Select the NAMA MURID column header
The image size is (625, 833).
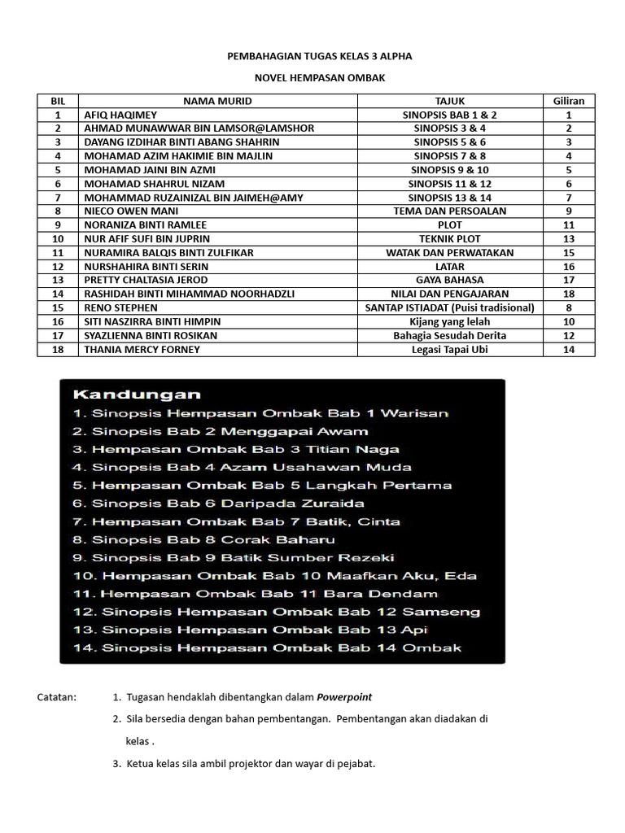(x=217, y=101)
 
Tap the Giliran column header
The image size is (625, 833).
(x=569, y=101)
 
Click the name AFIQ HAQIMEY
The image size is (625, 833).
(x=120, y=115)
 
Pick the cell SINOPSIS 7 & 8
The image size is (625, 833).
(x=449, y=155)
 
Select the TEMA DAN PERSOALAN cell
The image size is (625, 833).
(x=449, y=211)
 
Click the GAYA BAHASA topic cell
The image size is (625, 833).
(x=449, y=280)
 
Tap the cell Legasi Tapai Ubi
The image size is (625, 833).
(x=449, y=349)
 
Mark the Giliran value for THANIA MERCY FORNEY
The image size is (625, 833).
(x=569, y=349)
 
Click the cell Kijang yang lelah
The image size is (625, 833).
(x=449, y=321)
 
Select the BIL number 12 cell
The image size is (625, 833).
(x=58, y=266)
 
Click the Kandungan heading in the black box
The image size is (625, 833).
(x=137, y=395)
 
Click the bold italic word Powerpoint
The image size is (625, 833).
(x=344, y=697)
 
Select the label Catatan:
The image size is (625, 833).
(x=58, y=697)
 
